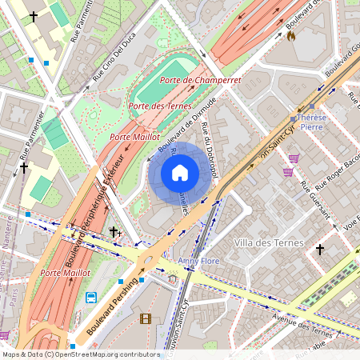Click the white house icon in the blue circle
180,173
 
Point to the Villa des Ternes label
269,242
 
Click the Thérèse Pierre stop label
311,122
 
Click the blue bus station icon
91,298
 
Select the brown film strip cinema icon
145,318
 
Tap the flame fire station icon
290,36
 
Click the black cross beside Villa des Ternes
320,250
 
